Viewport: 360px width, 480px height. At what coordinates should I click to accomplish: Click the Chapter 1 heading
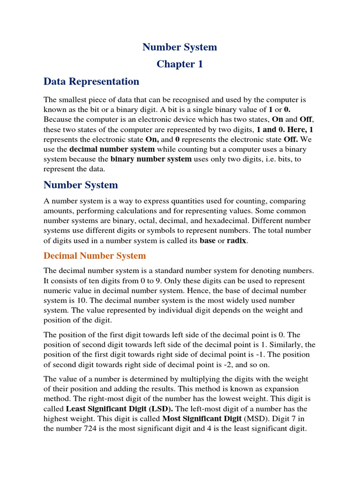(180, 64)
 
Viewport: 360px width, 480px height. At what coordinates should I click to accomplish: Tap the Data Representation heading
(91, 82)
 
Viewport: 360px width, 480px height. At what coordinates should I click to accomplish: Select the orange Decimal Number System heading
(95, 256)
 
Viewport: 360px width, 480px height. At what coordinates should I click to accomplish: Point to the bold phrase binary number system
(151, 159)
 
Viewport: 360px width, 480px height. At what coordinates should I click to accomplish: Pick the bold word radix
(236, 241)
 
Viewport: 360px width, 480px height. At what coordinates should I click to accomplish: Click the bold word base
(208, 241)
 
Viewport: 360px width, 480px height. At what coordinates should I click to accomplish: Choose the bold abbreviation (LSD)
(159, 408)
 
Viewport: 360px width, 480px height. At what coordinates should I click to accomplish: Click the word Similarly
(282, 345)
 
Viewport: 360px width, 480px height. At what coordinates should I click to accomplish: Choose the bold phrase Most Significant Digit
(201, 418)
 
